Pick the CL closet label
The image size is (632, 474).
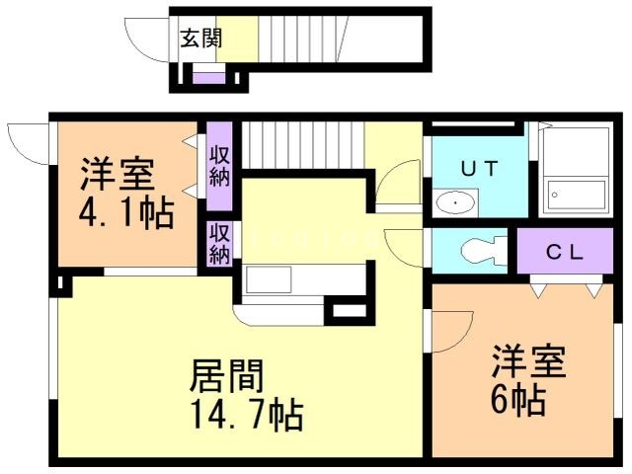pos(565,251)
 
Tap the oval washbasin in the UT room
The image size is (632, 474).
pos(454,203)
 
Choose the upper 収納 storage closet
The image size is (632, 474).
pos(219,166)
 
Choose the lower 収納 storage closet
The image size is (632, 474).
pos(219,243)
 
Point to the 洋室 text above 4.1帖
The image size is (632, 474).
pos(117,177)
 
